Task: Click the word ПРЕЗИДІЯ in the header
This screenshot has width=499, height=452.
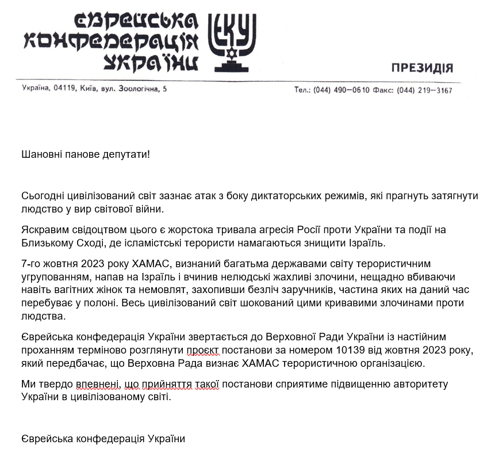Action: (422, 68)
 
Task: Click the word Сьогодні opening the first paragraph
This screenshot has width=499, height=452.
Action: (42, 196)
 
